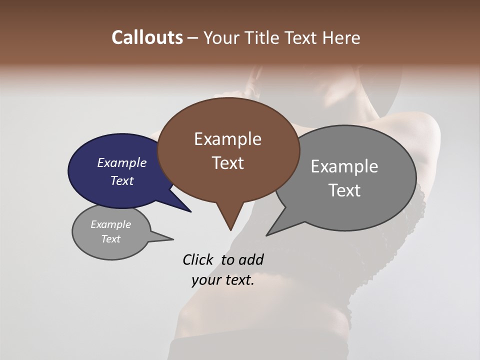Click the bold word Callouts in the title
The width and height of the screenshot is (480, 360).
click(x=147, y=37)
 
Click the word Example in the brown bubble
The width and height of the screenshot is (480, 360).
click(x=227, y=139)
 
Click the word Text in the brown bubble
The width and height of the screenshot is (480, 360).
click(x=227, y=163)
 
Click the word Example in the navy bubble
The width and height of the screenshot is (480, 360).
click(x=122, y=162)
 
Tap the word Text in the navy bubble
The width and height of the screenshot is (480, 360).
click(x=122, y=180)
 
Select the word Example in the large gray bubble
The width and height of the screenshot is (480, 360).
click(x=344, y=166)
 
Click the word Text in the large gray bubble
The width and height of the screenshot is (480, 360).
click(x=344, y=190)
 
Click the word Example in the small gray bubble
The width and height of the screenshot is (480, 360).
click(x=111, y=224)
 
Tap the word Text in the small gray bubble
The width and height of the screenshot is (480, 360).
click(x=111, y=239)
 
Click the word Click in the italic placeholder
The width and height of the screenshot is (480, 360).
click(x=198, y=259)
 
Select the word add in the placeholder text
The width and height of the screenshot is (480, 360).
click(x=250, y=259)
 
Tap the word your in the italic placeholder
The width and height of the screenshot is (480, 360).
click(x=205, y=280)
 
